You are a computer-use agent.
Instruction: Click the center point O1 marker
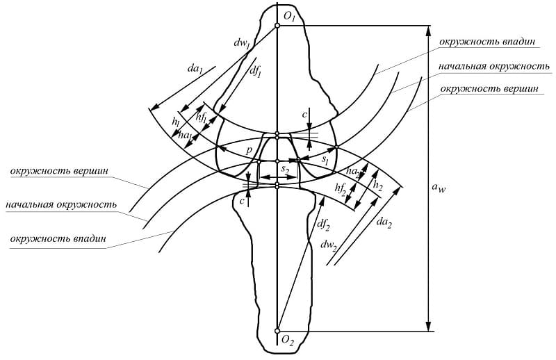pyautogui.click(x=277, y=26)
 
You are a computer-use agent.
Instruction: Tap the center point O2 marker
pyautogui.click(x=277, y=331)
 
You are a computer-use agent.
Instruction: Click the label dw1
pyautogui.click(x=242, y=43)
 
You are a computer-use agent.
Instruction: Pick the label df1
pyautogui.click(x=255, y=72)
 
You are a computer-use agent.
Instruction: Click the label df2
pyautogui.click(x=323, y=224)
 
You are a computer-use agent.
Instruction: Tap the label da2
pyautogui.click(x=384, y=222)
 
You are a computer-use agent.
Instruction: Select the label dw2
pyautogui.click(x=328, y=245)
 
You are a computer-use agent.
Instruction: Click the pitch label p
pyautogui.click(x=250, y=150)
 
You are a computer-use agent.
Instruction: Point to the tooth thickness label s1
pyautogui.click(x=325, y=160)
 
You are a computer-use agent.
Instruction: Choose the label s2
pyautogui.click(x=285, y=170)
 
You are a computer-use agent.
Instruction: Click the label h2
pyautogui.click(x=378, y=186)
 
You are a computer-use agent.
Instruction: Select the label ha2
pyautogui.click(x=353, y=172)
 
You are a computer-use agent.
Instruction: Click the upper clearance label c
pyautogui.click(x=304, y=115)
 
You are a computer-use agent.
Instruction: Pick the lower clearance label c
pyautogui.click(x=242, y=202)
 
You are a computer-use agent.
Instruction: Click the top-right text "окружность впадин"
pyautogui.click(x=487, y=42)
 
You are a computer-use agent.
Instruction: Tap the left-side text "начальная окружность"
pyautogui.click(x=61, y=205)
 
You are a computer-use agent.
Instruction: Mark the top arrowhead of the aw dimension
pyautogui.click(x=428, y=30)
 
